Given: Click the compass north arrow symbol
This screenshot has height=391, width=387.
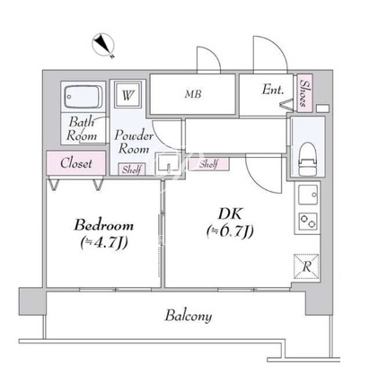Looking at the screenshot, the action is pos(103,45).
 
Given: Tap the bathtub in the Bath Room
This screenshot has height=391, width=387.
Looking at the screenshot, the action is pos(84,97).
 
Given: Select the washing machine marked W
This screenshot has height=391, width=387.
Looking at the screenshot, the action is pos(128,95).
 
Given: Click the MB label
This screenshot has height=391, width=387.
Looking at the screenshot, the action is pos(193,94).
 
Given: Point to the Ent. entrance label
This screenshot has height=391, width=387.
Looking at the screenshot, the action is pos(273,90).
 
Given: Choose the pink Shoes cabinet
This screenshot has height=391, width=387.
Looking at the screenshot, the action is pos(304,93).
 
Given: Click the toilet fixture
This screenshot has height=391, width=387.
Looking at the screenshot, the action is pos(308,160).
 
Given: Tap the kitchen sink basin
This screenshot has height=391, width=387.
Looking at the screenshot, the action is pos(308,195).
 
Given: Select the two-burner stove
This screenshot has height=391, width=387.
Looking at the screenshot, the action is pos(308,222).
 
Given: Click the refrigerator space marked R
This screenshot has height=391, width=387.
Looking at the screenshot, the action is pos(306,266).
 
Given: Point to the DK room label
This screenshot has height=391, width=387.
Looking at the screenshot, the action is pos(230,214).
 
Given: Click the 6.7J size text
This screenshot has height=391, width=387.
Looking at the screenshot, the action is pos(230,231).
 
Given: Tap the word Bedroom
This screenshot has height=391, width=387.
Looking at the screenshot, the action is pos(103,225).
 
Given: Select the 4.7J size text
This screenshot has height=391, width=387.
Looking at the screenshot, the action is pos(104,242).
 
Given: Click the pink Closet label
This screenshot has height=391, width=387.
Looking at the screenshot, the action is pos(76,163).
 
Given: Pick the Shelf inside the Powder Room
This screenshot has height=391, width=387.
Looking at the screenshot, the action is pos(132,169).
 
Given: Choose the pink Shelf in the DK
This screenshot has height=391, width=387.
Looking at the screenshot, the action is pos(208,164).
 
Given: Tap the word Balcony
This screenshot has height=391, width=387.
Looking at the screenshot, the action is pos(189,316).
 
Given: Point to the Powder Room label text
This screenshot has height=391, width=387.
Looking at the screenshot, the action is pos(134,142).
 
